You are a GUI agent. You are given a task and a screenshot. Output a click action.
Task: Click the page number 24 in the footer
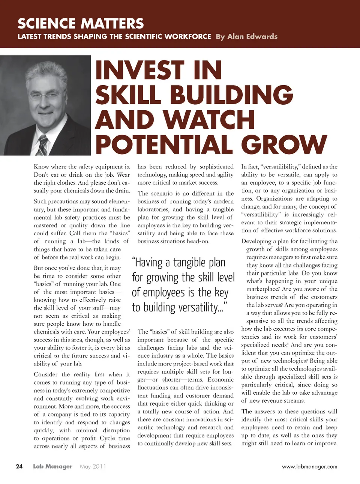[19, 466]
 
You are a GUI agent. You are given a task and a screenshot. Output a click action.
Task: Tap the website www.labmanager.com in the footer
[309, 467]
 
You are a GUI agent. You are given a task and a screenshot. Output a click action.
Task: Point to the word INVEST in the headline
[139, 70]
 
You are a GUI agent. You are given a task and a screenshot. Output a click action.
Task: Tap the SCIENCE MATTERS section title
[81, 23]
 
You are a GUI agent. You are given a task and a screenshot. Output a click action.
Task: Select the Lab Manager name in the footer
[52, 466]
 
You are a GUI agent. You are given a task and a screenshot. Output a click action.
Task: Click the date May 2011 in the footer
[93, 466]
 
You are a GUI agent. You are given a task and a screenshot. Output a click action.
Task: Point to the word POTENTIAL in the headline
[165, 144]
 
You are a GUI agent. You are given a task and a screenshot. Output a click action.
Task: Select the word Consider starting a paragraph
[46, 374]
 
